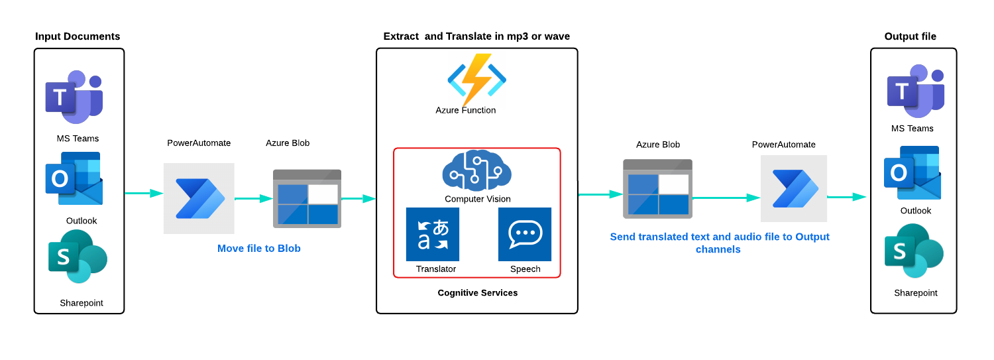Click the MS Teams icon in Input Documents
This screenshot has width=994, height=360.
(74, 97)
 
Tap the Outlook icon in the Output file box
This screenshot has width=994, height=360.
(912, 172)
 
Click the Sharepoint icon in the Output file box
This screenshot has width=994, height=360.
(914, 251)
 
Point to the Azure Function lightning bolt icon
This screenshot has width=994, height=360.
(476, 79)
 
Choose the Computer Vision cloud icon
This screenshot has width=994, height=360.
(476, 170)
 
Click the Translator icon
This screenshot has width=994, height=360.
(432, 234)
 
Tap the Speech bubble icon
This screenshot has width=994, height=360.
(525, 234)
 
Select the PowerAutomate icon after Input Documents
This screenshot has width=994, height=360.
(199, 198)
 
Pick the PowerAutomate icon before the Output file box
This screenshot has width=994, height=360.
(794, 188)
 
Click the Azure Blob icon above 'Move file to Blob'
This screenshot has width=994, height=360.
(307, 198)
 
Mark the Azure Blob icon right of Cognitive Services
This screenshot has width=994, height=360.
(657, 189)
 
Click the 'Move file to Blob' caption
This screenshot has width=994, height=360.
(259, 249)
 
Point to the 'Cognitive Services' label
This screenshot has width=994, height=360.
(478, 293)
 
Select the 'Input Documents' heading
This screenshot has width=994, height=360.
(78, 36)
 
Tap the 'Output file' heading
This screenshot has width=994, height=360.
(911, 36)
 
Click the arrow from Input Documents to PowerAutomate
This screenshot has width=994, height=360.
(144, 194)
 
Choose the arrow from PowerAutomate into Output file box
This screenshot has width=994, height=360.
(847, 197)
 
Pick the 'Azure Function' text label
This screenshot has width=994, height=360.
(466, 111)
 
